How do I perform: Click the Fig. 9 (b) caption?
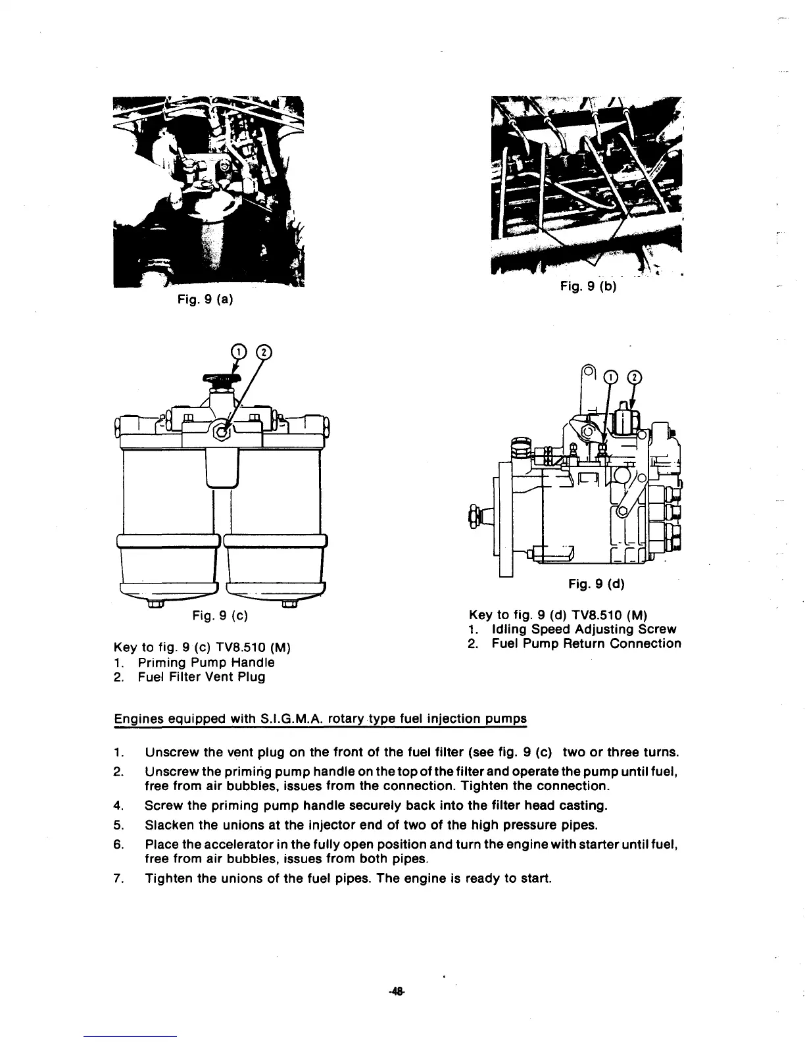587,286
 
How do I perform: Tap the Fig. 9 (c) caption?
219,616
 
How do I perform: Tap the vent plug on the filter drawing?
224,432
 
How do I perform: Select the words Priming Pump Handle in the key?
206,662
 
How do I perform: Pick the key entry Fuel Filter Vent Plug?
201,677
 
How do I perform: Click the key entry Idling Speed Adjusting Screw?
584,630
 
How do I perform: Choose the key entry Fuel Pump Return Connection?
586,643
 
